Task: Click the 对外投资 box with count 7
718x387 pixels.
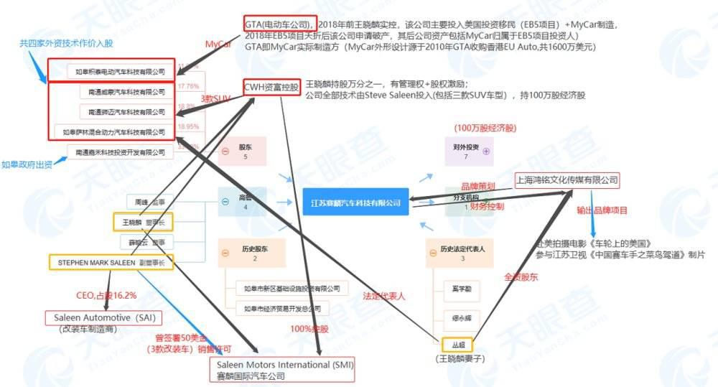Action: (468, 151)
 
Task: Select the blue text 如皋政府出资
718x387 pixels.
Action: (27, 164)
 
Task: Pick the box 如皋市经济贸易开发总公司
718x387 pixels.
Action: (281, 309)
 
